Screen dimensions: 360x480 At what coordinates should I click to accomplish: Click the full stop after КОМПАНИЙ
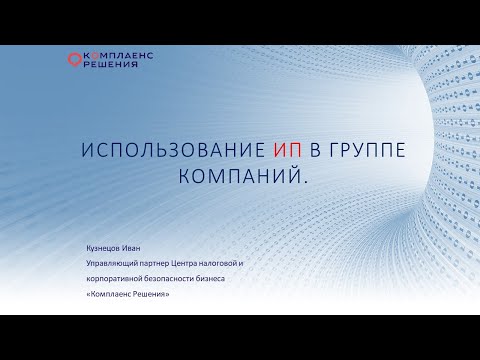[x=274, y=180]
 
